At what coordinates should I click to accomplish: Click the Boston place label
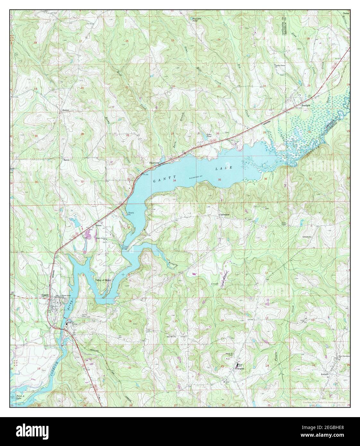click(x=66, y=110)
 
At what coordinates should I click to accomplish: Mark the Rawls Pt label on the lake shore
click(x=131, y=214)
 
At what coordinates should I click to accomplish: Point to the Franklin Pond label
click(x=197, y=19)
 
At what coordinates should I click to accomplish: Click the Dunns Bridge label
click(x=126, y=248)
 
